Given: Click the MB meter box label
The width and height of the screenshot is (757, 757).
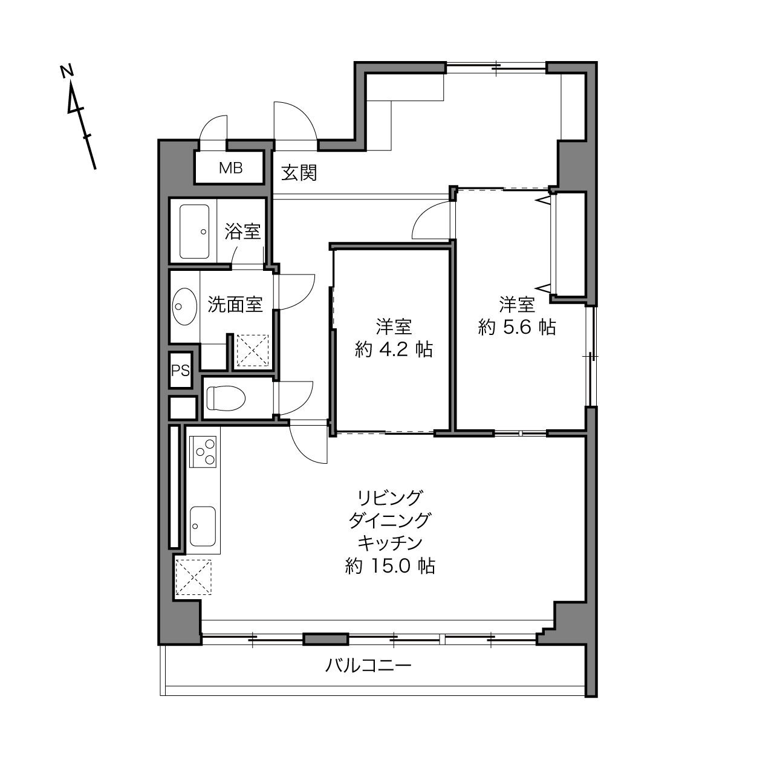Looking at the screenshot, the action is tap(230, 167).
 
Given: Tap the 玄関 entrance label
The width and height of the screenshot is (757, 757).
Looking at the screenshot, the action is tap(299, 173).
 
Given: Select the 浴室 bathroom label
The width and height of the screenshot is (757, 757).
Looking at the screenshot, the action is tap(242, 232).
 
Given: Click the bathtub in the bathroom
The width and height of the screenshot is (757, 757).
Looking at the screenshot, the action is tap(195, 232).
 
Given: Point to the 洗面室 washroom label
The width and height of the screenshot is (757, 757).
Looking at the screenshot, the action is tap(235, 304).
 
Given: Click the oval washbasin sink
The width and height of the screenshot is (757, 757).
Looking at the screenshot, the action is tap(184, 307).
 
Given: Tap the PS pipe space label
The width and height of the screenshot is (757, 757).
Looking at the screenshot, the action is tap(180, 371).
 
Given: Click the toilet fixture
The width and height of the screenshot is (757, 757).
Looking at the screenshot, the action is tap(226, 398).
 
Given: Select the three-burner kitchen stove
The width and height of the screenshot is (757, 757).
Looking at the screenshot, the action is tap(203, 452).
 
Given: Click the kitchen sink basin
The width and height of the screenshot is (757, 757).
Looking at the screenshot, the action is tap(203, 526).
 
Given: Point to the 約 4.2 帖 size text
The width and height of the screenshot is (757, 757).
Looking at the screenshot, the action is tap(394, 349).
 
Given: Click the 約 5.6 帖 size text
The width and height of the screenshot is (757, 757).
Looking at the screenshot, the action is tap(517, 327).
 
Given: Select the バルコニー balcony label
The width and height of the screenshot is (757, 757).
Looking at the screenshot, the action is tap(368, 666).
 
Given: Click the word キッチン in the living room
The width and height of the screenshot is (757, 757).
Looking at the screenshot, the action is tap(390, 544).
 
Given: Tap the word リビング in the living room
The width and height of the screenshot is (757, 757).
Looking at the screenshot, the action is tap(390, 498).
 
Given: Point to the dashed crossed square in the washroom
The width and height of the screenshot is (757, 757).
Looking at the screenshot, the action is tap(252, 351).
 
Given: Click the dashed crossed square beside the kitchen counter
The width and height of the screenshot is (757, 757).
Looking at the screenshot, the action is tap(193, 577).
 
